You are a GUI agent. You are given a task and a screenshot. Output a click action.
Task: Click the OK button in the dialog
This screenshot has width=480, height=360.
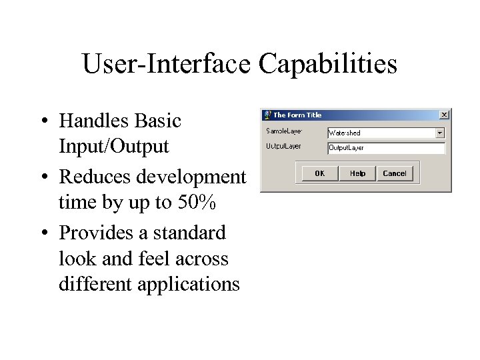click(320, 173)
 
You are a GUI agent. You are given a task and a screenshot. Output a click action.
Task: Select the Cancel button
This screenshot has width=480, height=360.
click(395, 173)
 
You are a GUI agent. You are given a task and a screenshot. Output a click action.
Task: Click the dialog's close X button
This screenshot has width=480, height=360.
click(444, 115)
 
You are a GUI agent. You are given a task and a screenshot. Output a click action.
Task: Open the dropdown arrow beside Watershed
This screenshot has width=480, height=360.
click(440, 133)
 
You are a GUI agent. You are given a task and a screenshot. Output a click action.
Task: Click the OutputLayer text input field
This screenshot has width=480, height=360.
click(386, 147)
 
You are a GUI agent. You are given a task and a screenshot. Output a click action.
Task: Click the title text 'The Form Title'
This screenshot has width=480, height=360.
click(297, 115)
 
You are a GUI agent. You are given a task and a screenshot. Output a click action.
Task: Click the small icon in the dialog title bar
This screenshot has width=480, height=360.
click(267, 115)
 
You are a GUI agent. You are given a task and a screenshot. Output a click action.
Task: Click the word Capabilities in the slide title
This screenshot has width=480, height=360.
click(329, 64)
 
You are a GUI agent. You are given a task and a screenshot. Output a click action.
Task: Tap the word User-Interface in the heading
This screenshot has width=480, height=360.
click(168, 64)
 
